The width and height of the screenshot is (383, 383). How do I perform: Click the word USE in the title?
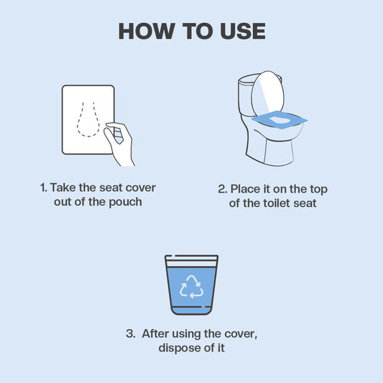click(241, 31)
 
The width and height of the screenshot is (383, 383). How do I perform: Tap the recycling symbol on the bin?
click(191, 285)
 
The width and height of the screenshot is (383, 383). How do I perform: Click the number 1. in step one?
click(43, 188)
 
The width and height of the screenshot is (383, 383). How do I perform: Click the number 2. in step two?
click(222, 189)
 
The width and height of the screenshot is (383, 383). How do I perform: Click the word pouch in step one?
click(125, 202)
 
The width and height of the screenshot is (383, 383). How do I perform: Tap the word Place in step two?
click(246, 189)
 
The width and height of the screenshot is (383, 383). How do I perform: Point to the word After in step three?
click(157, 333)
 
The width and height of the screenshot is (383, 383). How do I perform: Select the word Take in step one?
click(63, 188)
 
